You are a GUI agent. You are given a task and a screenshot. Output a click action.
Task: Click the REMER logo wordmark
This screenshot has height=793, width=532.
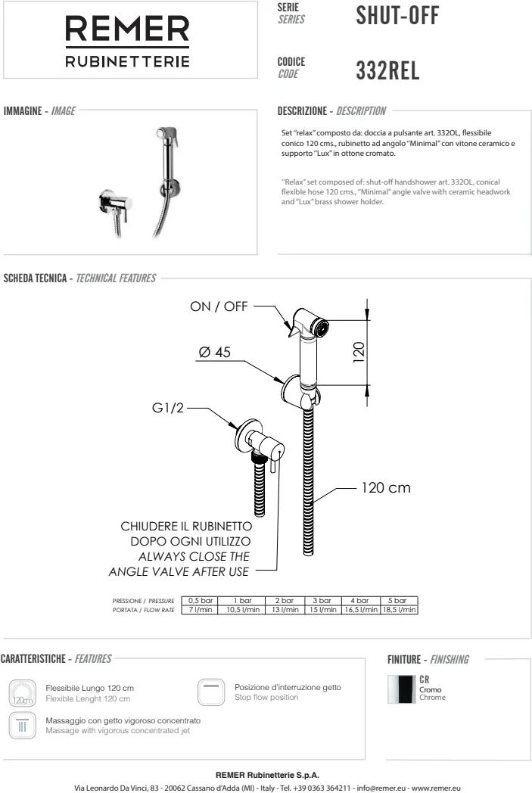pos(126,30)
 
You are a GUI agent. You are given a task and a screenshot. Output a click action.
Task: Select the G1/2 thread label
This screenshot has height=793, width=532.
pos(168,409)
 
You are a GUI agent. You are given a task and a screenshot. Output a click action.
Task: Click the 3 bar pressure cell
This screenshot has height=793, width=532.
pos(322,600)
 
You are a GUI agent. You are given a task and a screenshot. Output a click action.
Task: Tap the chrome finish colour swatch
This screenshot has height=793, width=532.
pos(403,689)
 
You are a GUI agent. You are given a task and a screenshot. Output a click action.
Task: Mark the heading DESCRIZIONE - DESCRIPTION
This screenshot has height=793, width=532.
pos(332,111)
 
